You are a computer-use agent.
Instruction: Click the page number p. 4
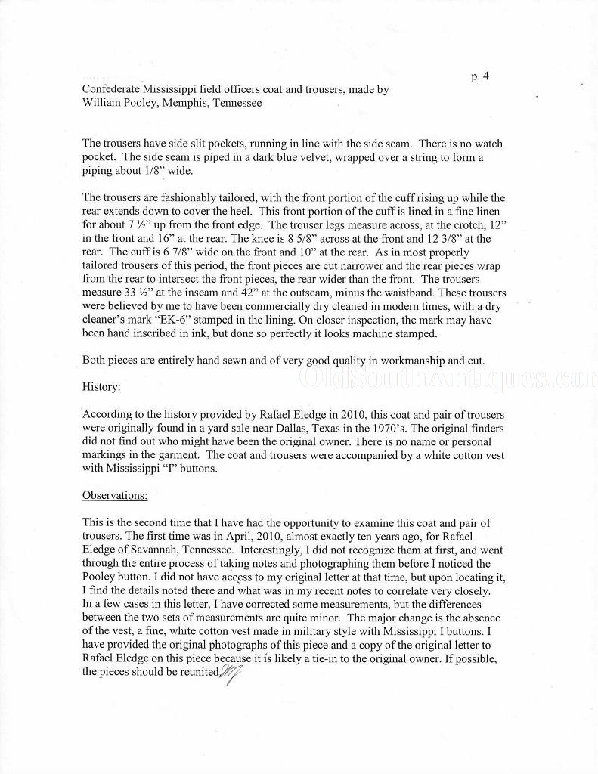point(480,76)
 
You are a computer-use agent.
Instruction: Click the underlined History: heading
point(101,387)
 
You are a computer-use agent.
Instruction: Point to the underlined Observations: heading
point(115,496)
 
